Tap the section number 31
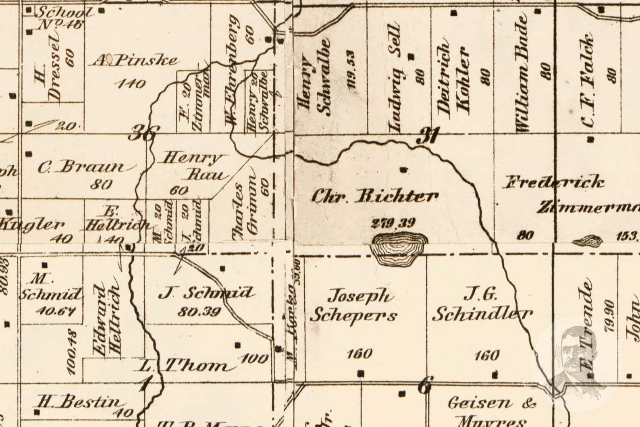coord(427,136)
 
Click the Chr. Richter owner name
coord(375,196)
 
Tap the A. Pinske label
coord(135,60)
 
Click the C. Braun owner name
coord(86,167)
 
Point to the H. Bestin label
coord(79,402)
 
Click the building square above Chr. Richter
coord(404,170)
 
